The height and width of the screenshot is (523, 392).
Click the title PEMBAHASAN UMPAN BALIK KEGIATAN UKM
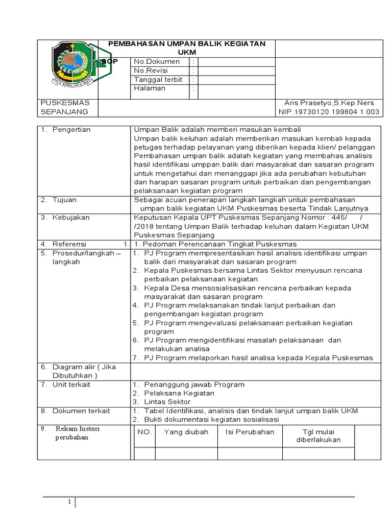(186, 48)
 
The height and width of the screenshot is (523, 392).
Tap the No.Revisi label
(151, 70)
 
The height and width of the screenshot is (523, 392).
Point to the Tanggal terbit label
(158, 80)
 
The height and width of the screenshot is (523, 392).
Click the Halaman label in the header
(150, 88)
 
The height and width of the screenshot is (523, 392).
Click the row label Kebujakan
(70, 218)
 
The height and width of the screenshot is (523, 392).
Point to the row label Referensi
(69, 244)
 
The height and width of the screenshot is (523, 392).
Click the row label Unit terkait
(71, 384)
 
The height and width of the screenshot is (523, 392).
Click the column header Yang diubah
(186, 432)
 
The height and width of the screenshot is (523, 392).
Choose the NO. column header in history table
(144, 432)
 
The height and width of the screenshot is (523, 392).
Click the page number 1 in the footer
(70, 503)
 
